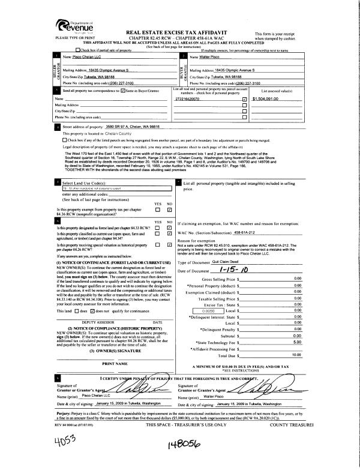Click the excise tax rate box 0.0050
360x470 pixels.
(209, 312)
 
